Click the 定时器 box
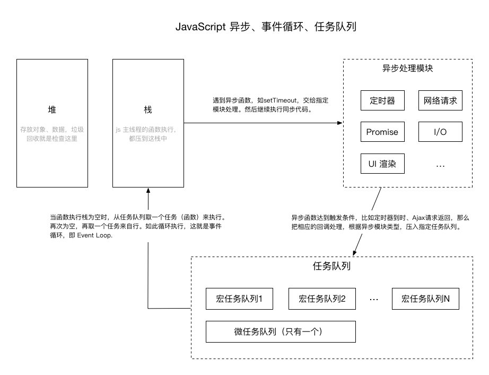click(x=382, y=100)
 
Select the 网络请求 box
click(x=440, y=100)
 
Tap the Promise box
click(x=382, y=132)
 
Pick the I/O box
click(x=440, y=132)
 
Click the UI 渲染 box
click(x=382, y=164)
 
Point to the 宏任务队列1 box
click(x=239, y=299)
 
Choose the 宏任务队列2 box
click(x=322, y=299)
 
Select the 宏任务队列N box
click(x=425, y=299)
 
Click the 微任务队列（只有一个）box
click(x=281, y=331)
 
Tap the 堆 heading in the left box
click(x=52, y=109)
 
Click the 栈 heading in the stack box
click(x=148, y=109)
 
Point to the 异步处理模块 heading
click(x=408, y=68)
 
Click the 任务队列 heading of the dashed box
click(x=331, y=266)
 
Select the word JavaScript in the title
click(x=200, y=27)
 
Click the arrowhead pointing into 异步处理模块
click(x=340, y=123)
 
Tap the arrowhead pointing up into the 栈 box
click(x=148, y=190)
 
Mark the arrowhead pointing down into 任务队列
click(x=355, y=253)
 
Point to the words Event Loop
click(x=94, y=235)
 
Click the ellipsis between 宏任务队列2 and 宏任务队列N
click(x=373, y=300)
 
